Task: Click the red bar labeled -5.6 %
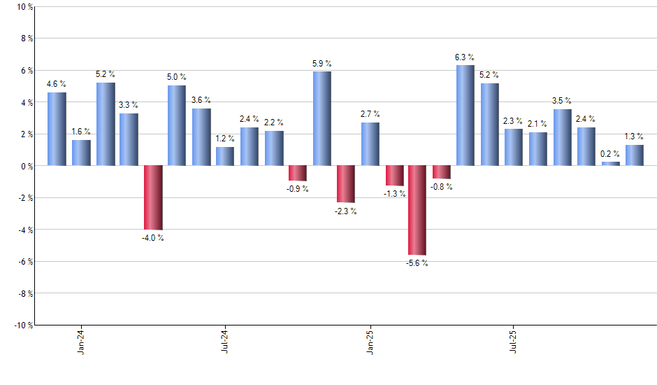click(417, 210)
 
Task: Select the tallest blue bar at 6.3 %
click(465, 115)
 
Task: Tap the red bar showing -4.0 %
click(153, 197)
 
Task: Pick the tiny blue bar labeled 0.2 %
click(610, 164)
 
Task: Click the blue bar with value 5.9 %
click(322, 118)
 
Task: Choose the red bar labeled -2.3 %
click(345, 184)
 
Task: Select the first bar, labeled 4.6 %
click(57, 129)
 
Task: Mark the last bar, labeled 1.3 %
click(635, 155)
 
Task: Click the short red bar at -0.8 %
click(442, 172)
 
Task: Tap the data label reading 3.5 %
click(562, 101)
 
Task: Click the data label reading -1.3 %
click(394, 194)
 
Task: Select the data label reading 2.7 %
click(370, 113)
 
